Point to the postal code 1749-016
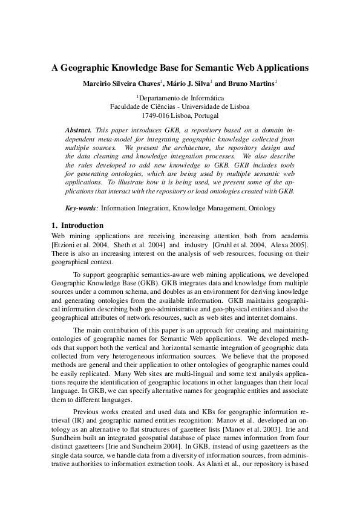154,115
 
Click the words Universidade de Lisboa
217,106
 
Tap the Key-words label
81,208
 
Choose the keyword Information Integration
135,208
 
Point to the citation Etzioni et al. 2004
79,244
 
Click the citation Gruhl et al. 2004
238,244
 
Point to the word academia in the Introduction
295,235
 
